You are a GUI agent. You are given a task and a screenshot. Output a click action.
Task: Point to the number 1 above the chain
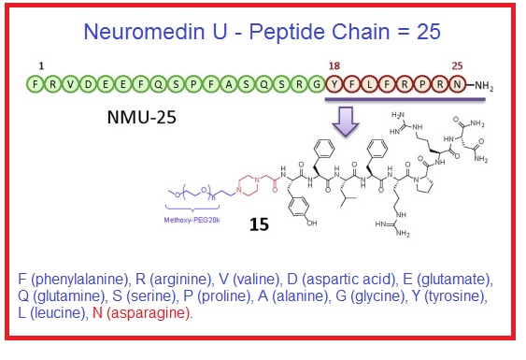coord(40,66)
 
